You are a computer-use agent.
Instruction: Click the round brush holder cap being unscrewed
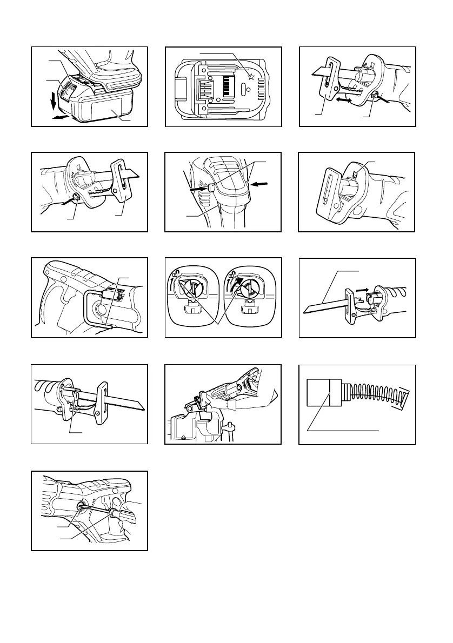coord(82,507)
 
